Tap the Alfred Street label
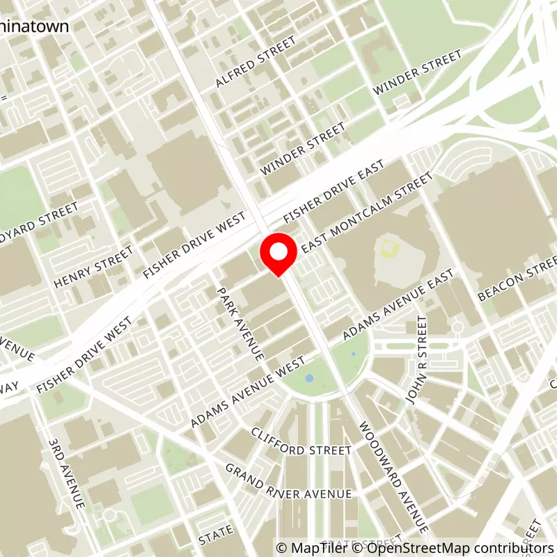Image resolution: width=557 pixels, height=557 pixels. pos(251,69)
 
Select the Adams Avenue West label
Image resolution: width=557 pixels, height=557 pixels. pos(248,394)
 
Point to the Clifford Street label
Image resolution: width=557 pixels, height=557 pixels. pos(301,450)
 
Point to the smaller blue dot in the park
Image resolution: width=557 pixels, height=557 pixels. pos(354,354)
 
